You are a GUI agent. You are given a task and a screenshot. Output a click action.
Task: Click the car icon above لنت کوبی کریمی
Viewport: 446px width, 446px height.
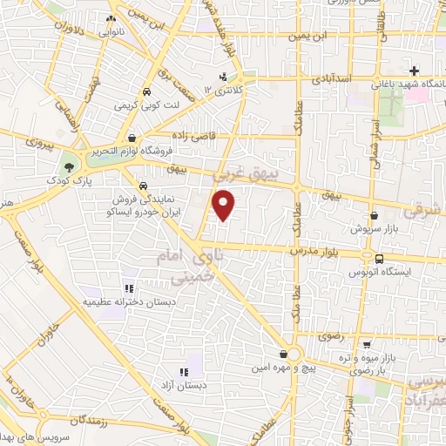point(145,91)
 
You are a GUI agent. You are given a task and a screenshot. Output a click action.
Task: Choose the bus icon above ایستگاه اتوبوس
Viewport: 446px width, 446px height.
point(379,258)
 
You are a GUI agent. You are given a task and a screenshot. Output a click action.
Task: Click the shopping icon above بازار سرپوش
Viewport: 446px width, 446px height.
point(374,215)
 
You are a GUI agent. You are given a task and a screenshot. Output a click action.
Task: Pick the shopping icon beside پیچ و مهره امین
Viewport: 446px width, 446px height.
point(284,354)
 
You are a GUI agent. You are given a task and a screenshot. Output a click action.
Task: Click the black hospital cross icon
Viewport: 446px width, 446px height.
point(415,70)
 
